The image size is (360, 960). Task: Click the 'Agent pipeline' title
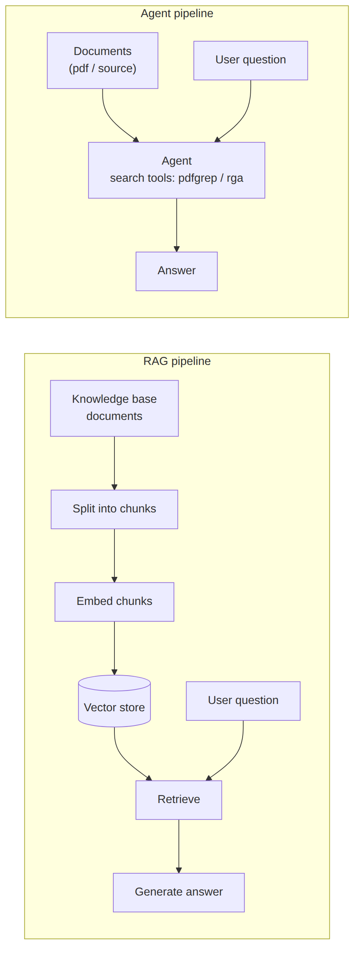point(177,13)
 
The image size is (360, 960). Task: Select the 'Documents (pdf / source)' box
point(102,61)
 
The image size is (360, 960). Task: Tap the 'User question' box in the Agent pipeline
point(251,60)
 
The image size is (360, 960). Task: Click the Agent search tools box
point(177,170)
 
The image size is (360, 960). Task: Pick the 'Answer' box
point(177,271)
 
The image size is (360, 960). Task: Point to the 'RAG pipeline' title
point(177,361)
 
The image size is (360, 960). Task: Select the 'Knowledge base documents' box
point(114,409)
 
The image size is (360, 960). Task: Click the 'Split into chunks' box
point(114,509)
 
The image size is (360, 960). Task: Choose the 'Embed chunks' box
point(114,602)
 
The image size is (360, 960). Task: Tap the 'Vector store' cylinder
point(114,701)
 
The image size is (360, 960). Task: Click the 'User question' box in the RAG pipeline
point(243,701)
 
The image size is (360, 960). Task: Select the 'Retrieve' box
point(179,800)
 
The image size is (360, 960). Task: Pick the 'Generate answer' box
point(179,893)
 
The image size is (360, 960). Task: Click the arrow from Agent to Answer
point(177,225)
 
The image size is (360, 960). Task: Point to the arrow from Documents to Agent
point(111,119)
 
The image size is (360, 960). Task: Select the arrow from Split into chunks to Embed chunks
point(114,556)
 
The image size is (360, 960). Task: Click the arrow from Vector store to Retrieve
point(123,758)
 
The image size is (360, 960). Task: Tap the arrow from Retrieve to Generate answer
point(179,846)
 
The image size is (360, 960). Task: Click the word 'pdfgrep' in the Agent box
point(197,178)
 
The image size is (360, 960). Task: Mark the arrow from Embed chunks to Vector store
point(114,648)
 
